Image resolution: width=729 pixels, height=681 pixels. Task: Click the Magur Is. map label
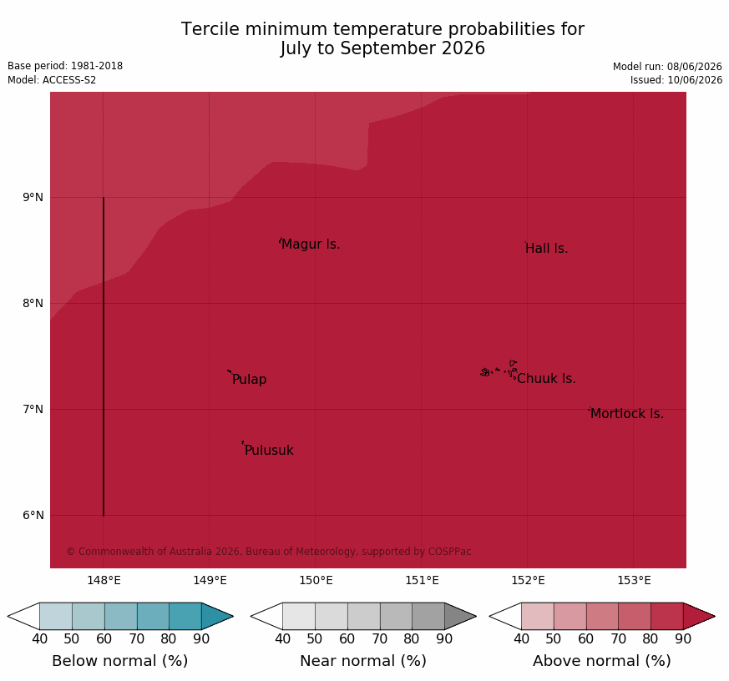coord(311,245)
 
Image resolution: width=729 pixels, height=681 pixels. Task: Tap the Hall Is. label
coord(547,249)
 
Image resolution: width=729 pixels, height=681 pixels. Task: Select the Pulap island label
coord(249,380)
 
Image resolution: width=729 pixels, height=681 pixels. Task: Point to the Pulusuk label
coord(269,450)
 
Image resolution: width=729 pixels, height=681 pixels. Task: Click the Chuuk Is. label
coord(546,379)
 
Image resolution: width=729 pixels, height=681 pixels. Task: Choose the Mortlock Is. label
coord(627,413)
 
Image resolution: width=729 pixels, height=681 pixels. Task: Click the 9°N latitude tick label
coord(33,198)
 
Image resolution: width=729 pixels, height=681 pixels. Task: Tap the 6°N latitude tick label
coord(33,515)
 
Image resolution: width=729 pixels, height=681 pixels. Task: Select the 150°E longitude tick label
coord(316,580)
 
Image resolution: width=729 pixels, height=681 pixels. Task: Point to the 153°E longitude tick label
coord(634,580)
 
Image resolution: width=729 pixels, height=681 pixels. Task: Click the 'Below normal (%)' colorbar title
coord(120,661)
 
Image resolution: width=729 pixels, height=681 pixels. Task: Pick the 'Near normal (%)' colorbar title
coord(363,661)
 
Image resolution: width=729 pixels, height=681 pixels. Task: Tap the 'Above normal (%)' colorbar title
coord(601,661)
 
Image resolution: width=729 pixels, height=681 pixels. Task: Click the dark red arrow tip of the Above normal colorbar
coord(715,617)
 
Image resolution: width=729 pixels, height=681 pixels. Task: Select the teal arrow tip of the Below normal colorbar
coord(233,617)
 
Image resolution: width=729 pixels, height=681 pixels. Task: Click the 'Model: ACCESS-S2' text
coord(52,80)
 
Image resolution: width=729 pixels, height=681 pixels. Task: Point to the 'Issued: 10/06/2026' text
coord(676,80)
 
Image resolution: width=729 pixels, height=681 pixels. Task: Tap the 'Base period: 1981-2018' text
coord(65,66)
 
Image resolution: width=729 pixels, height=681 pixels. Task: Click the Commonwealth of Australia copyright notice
coord(269,552)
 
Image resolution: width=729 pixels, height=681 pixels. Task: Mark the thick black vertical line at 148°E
coord(104,356)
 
